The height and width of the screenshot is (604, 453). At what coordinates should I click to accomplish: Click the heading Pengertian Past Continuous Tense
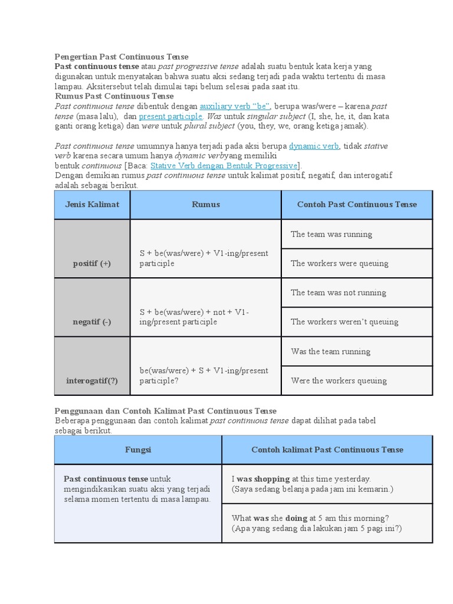tap(122, 57)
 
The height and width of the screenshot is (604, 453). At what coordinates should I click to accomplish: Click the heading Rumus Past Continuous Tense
tap(114, 96)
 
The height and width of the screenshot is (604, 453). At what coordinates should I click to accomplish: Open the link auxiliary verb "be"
tap(235, 106)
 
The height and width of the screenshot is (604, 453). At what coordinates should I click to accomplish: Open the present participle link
tap(170, 116)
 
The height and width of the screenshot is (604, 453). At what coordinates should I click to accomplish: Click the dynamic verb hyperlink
tap(314, 145)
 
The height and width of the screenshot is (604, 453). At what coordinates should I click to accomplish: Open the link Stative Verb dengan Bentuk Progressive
tap(225, 165)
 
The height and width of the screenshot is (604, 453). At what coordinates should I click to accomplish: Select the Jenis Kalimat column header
tap(92, 204)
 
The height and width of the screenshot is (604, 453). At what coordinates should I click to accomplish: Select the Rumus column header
tap(206, 204)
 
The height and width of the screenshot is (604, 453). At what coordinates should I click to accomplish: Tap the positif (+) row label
tap(92, 263)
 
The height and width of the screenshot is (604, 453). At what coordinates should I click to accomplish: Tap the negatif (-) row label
tap(92, 321)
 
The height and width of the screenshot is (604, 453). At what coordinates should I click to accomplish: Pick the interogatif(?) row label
tap(92, 380)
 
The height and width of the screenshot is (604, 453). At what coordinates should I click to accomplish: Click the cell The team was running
tap(331, 234)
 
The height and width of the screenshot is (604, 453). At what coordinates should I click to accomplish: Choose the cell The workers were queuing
tap(339, 263)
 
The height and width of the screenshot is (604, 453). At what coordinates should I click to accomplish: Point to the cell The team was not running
tap(338, 293)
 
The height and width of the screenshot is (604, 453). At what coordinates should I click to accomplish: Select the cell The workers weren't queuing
tap(344, 321)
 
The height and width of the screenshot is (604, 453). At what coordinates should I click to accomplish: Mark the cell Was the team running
tap(330, 352)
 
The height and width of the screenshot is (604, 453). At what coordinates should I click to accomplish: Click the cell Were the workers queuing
tap(339, 380)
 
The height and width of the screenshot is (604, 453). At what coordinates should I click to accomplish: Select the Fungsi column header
tap(138, 449)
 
